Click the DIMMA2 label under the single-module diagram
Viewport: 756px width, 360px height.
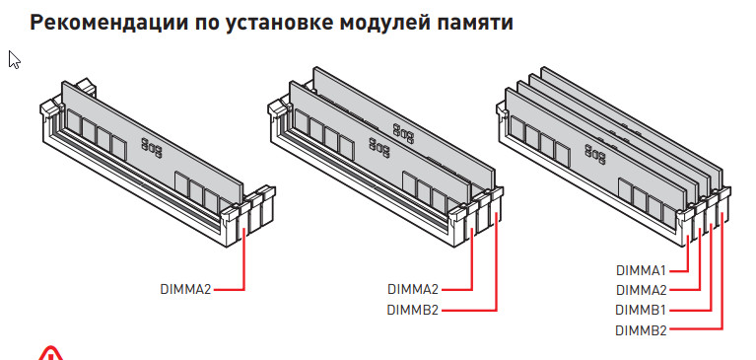click(x=185, y=290)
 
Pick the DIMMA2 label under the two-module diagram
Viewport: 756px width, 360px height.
click(x=413, y=290)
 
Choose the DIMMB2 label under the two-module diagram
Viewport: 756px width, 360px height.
click(x=413, y=310)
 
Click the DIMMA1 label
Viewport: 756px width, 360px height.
click(x=642, y=270)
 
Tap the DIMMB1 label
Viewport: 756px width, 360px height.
click(x=642, y=310)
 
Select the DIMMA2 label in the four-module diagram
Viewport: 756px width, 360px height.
click(x=642, y=290)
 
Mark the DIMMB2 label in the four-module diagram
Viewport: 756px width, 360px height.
click(x=642, y=330)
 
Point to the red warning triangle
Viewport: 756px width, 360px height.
click(x=50, y=355)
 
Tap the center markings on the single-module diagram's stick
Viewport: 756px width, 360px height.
click(x=152, y=148)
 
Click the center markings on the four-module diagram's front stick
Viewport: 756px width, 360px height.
click(x=595, y=154)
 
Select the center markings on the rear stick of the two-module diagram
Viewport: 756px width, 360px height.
click(x=403, y=133)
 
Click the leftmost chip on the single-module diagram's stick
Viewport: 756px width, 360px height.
click(x=74, y=122)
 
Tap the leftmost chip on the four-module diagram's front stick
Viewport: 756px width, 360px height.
click(x=517, y=128)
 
